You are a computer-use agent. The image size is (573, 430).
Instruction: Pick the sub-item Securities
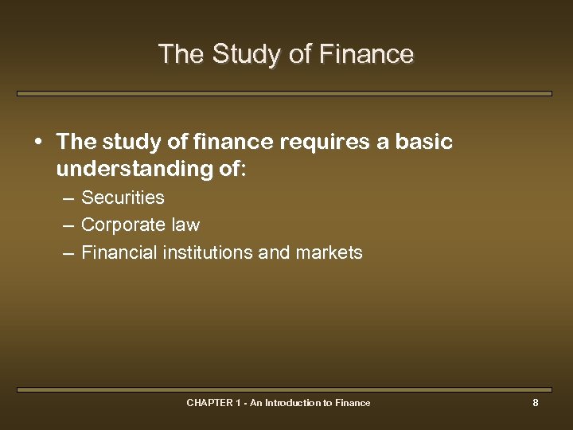pyautogui.click(x=123, y=197)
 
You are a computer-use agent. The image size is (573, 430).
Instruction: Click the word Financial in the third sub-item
pyautogui.click(x=119, y=253)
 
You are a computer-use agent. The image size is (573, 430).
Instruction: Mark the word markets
pyautogui.click(x=329, y=253)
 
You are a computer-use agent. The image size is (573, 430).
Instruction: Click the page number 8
pyautogui.click(x=536, y=403)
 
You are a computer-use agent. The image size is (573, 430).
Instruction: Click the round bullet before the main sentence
pyautogui.click(x=39, y=143)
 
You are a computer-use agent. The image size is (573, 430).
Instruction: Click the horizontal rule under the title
pyautogui.click(x=284, y=93)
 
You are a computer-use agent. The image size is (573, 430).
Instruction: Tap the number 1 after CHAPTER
pyautogui.click(x=239, y=403)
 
